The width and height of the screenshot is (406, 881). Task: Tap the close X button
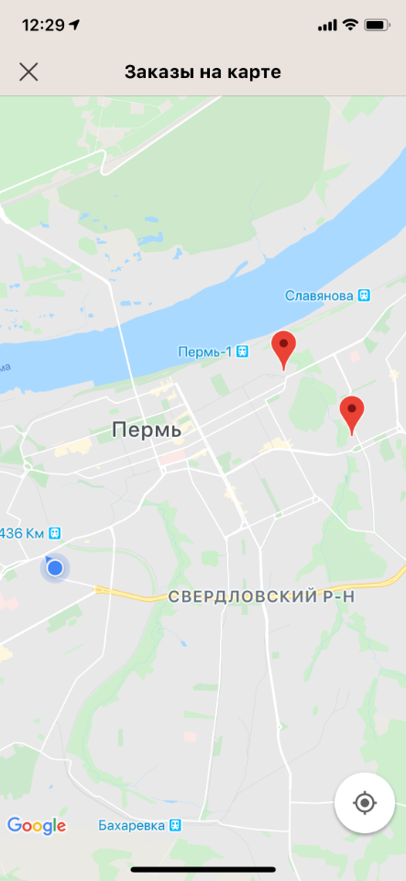[28, 72]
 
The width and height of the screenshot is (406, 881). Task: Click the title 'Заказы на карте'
[203, 72]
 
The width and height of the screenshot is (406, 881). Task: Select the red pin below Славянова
[352, 413]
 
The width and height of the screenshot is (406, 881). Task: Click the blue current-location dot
[55, 568]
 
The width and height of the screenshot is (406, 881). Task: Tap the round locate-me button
[365, 804]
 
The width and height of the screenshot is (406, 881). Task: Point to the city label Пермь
[147, 429]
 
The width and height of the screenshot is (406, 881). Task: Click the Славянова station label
[320, 296]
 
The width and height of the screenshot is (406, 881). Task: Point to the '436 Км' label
[22, 532]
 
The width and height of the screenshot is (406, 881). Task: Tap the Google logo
[37, 826]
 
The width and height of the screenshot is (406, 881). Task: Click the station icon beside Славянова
[365, 296]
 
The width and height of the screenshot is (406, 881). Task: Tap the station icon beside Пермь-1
[243, 351]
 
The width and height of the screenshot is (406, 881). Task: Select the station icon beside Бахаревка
[175, 826]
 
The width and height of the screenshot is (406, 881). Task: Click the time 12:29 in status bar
[44, 25]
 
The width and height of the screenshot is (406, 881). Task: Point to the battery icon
[377, 25]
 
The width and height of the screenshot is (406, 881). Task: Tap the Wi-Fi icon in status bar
[350, 25]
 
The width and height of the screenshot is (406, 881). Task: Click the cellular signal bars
[327, 25]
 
